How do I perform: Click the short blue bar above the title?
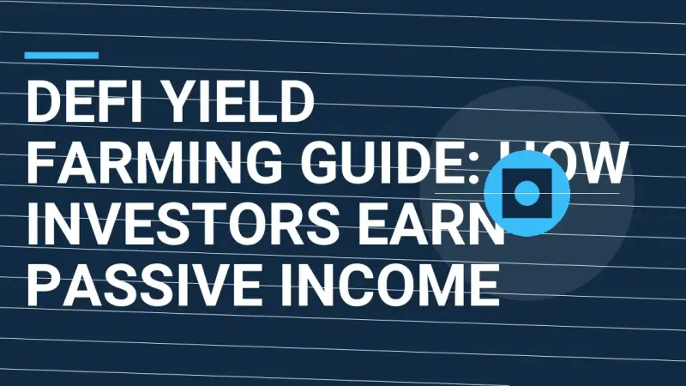(62, 55)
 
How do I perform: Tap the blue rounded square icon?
(527, 193)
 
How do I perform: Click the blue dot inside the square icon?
(527, 193)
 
